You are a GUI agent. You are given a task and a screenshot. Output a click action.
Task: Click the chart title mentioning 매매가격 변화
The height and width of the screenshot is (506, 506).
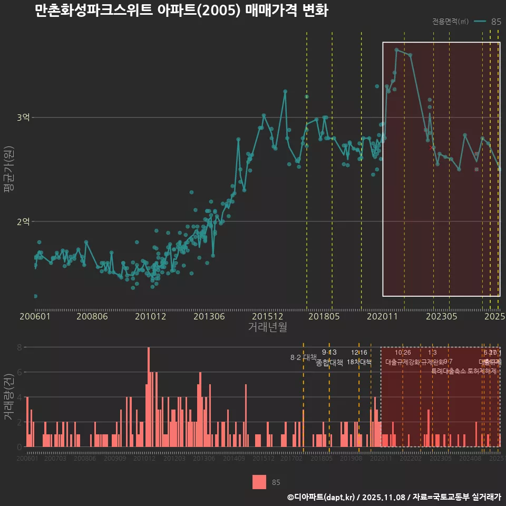click(x=181, y=11)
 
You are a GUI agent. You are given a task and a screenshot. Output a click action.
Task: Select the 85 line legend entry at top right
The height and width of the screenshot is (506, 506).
click(x=488, y=22)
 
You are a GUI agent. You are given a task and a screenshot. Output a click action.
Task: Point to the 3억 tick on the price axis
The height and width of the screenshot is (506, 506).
click(x=23, y=118)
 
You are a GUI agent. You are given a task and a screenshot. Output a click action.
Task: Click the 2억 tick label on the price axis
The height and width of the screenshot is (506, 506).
click(x=23, y=221)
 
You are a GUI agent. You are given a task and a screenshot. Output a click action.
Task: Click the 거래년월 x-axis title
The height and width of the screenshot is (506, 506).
click(x=267, y=327)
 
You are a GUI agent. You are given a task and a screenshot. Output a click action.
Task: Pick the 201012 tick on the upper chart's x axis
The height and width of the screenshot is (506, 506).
click(x=150, y=317)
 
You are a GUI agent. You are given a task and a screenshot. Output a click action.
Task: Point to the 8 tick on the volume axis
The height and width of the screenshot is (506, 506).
click(x=19, y=347)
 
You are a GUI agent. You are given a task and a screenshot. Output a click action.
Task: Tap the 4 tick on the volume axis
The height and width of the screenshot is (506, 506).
click(x=19, y=397)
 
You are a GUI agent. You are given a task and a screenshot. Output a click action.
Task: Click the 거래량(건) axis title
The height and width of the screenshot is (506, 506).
click(x=9, y=397)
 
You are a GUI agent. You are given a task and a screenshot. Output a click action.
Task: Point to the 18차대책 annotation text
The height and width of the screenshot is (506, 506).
click(x=359, y=362)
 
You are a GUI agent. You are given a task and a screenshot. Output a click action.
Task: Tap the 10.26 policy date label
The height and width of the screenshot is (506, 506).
click(x=403, y=353)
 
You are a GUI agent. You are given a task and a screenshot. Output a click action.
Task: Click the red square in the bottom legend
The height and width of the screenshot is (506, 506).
click(x=259, y=482)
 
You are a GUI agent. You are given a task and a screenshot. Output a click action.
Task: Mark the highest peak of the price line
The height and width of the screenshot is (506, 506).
click(x=396, y=50)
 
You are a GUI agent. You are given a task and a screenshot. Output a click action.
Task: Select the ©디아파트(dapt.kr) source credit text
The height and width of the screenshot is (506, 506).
click(x=323, y=497)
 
